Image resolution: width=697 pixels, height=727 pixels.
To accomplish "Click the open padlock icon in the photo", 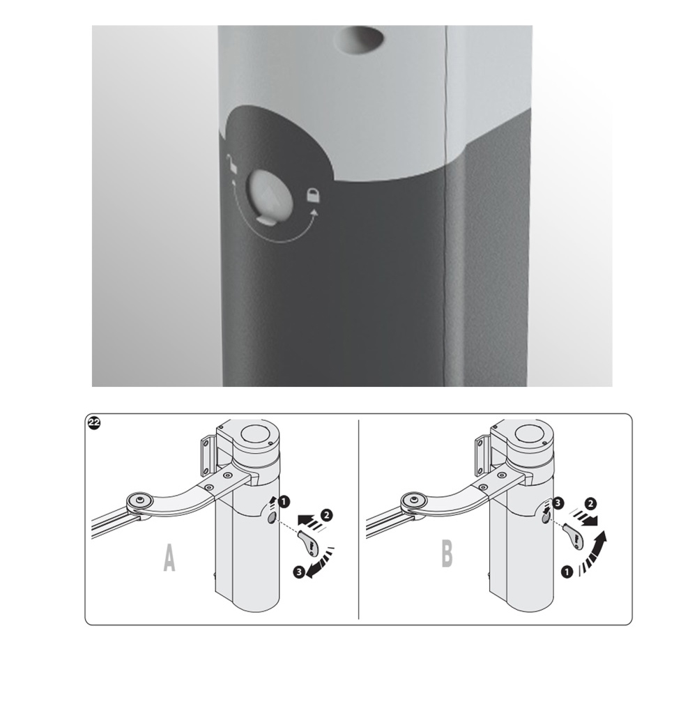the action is tap(231, 164).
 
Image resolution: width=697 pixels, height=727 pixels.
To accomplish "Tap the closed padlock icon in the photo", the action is tap(314, 195).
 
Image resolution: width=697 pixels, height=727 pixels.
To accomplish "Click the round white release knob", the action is tap(269, 194).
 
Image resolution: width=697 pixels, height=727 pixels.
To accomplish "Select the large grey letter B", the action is tap(446, 554).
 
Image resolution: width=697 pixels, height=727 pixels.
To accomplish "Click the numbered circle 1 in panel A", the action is tap(284, 501).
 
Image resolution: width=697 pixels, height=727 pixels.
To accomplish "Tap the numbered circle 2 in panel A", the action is tap(326, 514).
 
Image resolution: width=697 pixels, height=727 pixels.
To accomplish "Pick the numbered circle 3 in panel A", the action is tap(299, 572).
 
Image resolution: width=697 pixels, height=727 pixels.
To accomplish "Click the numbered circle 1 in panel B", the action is tap(566, 572).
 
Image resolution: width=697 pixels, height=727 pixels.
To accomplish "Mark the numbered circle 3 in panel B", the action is tap(559, 502).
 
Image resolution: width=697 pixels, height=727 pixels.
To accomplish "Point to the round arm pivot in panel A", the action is tap(139, 500).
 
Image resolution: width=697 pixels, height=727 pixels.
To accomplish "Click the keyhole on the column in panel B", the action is tap(546, 518).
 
